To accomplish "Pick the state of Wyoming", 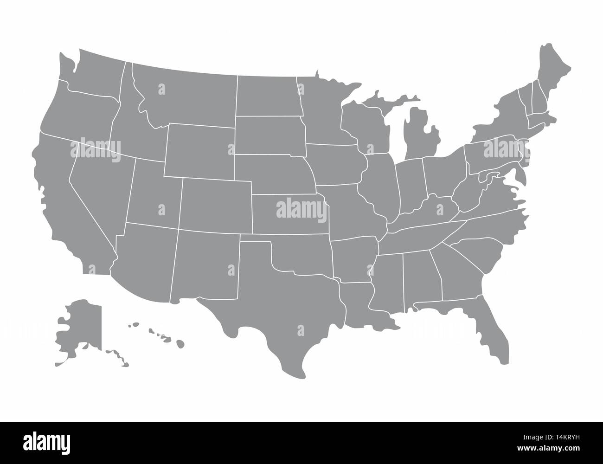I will click(199, 151).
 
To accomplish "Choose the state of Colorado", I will click(216, 204).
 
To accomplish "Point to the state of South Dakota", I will click(269, 135).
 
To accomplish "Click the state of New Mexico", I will click(206, 264).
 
